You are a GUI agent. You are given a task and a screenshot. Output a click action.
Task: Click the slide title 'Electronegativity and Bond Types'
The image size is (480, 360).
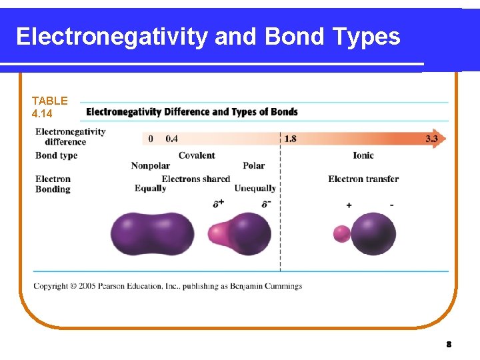coord(208,37)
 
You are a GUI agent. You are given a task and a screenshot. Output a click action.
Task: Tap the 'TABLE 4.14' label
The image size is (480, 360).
coord(49,107)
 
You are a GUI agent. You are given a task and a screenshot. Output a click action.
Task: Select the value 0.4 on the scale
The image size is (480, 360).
coord(171,139)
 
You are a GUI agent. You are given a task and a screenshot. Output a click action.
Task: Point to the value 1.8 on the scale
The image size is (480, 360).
coord(291,139)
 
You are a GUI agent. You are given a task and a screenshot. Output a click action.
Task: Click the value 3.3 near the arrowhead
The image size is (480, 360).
coord(432,139)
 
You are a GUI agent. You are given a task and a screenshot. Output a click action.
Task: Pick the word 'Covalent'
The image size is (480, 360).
coord(197,155)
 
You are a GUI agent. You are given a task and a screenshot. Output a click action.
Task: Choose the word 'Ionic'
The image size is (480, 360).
coord(363,155)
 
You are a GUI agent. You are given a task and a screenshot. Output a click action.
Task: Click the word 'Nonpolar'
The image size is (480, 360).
coord(150,166)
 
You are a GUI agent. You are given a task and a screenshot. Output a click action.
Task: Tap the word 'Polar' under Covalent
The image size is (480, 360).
coord(253,166)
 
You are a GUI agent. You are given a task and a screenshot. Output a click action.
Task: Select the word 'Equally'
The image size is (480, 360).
coord(150,189)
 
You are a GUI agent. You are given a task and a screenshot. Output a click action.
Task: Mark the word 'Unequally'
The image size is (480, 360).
coord(255,189)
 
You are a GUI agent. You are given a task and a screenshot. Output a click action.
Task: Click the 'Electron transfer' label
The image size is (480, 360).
coord(363,179)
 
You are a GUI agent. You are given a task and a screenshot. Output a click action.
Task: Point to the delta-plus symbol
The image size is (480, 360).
coord(219,203)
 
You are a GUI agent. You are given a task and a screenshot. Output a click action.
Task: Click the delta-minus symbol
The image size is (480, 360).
coord(266,203)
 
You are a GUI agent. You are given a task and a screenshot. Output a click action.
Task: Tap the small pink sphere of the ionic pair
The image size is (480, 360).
coord(341,234)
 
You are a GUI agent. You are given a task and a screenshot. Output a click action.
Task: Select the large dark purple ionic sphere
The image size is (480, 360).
coord(373,234)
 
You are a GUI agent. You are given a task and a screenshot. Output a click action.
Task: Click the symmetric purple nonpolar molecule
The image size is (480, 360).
coord(152,234)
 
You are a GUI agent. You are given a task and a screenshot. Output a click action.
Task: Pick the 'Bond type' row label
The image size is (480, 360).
coord(57,155)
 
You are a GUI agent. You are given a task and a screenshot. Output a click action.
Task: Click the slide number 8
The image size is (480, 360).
coord(449,345)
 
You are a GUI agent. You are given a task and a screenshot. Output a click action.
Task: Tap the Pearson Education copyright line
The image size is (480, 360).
coord(168,286)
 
